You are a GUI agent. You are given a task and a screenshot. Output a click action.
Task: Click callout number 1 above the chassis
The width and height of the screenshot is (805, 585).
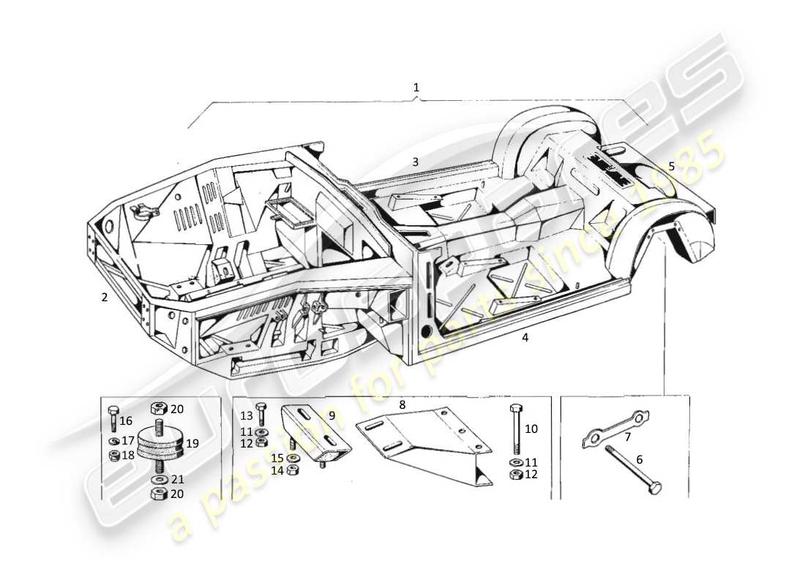[x=416, y=88]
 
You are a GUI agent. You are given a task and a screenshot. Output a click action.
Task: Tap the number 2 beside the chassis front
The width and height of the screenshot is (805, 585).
[x=105, y=298]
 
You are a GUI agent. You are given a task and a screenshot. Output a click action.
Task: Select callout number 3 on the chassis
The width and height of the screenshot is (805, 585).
[x=415, y=162]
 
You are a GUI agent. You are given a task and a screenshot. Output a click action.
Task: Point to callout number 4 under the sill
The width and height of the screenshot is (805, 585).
[x=524, y=337]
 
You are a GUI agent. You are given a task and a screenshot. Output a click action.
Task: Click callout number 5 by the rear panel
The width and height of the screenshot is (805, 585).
[x=672, y=167]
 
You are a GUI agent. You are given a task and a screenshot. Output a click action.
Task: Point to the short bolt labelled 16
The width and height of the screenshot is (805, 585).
[x=113, y=418]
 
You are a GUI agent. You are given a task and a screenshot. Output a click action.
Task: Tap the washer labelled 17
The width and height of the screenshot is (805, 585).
[x=113, y=441]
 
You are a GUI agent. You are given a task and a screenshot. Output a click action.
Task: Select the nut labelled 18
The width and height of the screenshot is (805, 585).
[x=113, y=456]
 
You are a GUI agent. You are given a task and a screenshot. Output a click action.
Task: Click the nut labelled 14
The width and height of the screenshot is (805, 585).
[x=292, y=470]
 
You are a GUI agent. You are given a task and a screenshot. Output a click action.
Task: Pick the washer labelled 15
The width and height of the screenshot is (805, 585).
[x=292, y=458]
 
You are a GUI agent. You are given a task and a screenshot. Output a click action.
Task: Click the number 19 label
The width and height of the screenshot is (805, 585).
[x=192, y=442]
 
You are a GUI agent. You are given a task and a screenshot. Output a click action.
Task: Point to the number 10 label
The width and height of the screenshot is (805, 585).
[x=531, y=429]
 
